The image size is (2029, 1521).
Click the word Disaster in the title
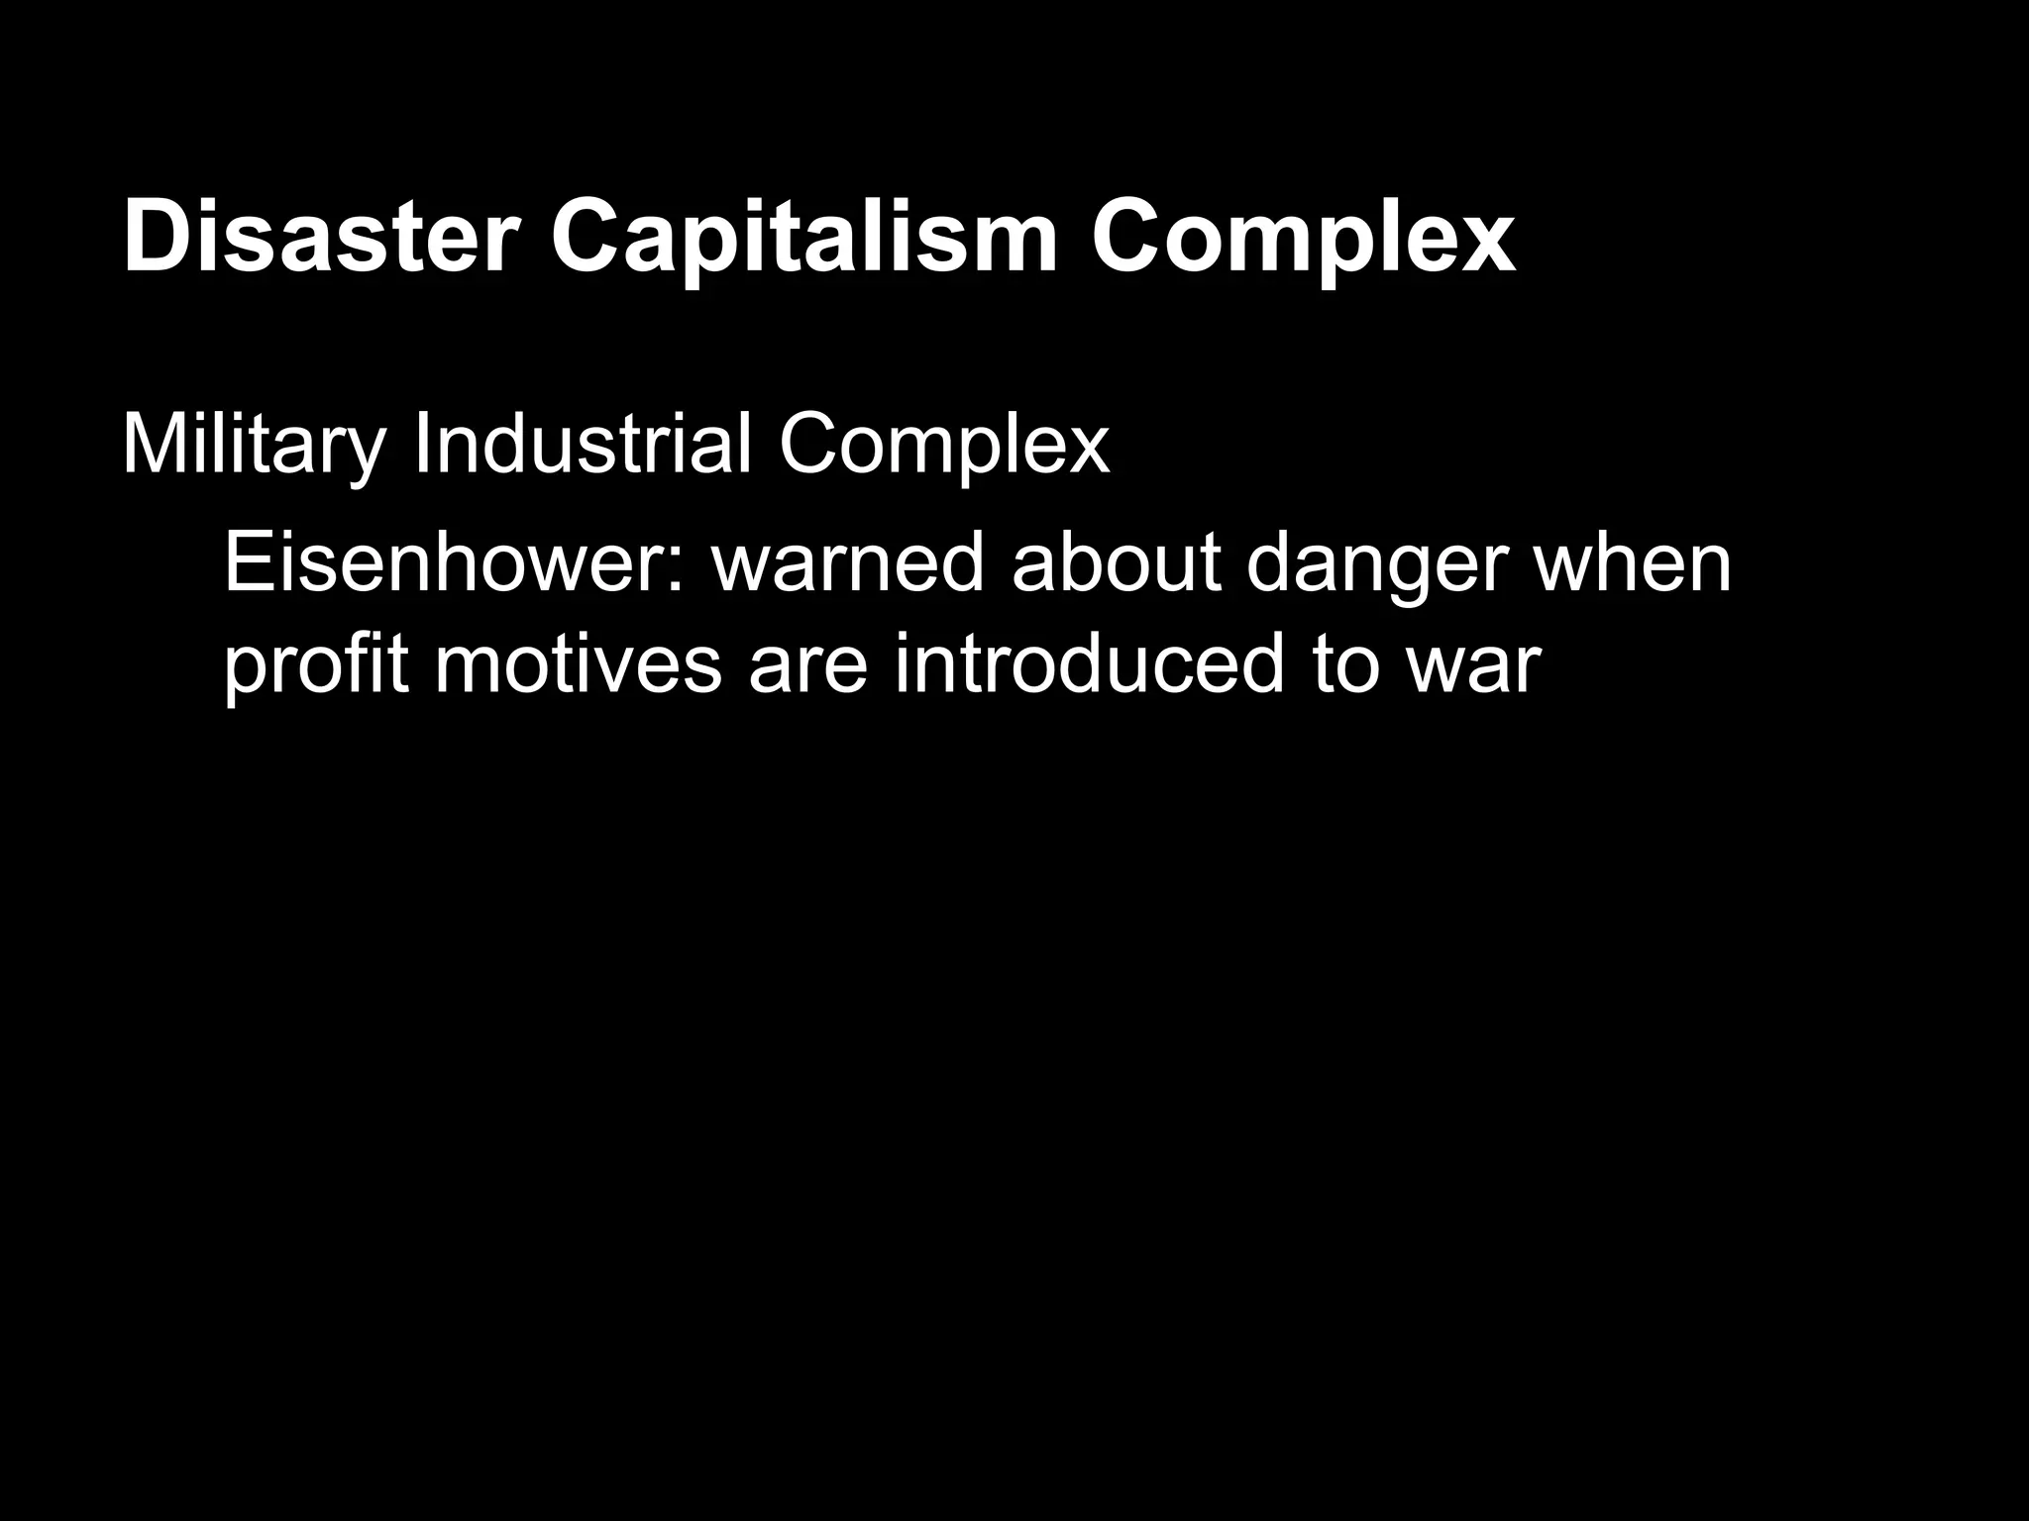[x=320, y=238]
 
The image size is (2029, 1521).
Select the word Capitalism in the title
[x=804, y=238]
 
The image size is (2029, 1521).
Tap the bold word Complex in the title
[x=1302, y=238]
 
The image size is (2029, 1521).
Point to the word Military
[x=253, y=446]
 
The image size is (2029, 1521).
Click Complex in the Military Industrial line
[x=943, y=446]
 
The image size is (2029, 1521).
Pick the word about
[x=1116, y=562]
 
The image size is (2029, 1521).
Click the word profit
[x=316, y=665]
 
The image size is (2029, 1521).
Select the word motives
[x=578, y=665]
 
